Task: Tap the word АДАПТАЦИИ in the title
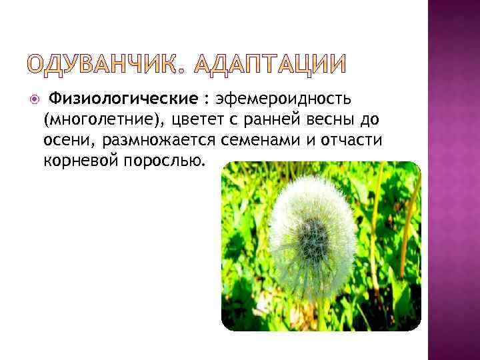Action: (x=269, y=65)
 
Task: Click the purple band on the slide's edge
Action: (x=453, y=180)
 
